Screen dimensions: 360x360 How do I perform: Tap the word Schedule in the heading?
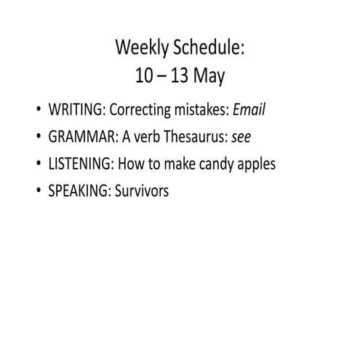[208, 49]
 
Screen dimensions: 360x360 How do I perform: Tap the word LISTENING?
[80, 164]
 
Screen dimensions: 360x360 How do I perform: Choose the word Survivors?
[143, 191]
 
